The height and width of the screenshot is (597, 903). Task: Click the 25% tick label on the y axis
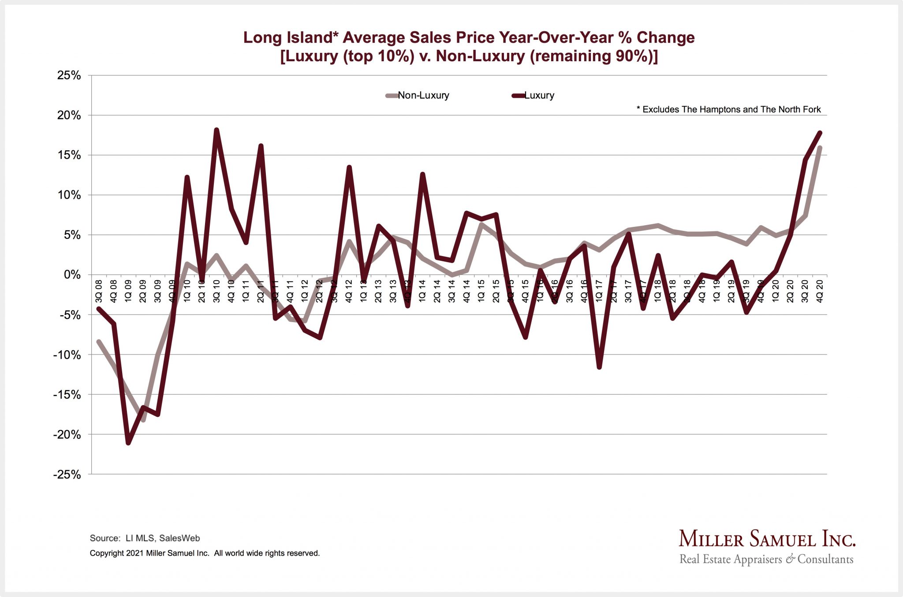[69, 76]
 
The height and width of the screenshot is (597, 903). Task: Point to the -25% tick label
[67, 475]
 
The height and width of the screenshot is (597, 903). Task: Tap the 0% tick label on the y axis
[72, 275]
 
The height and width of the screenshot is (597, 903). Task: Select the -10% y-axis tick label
[67, 355]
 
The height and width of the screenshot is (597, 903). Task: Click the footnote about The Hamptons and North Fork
[728, 110]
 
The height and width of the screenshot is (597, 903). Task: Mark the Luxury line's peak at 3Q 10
[216, 130]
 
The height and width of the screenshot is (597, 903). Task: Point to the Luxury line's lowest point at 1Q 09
[128, 443]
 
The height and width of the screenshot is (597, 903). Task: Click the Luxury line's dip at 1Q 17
[599, 367]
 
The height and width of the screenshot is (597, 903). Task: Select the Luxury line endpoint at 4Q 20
[820, 133]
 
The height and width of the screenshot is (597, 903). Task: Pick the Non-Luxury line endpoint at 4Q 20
[820, 148]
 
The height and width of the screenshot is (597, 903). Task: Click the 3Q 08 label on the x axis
[99, 291]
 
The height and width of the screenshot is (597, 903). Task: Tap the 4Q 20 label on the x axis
[820, 291]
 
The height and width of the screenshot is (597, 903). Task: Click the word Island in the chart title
[309, 38]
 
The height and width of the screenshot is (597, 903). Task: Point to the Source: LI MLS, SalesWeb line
[145, 538]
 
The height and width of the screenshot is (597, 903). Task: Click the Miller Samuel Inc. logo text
[766, 539]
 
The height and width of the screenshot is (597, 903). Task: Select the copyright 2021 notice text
[205, 553]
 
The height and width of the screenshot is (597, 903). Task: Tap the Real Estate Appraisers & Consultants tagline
[766, 559]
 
